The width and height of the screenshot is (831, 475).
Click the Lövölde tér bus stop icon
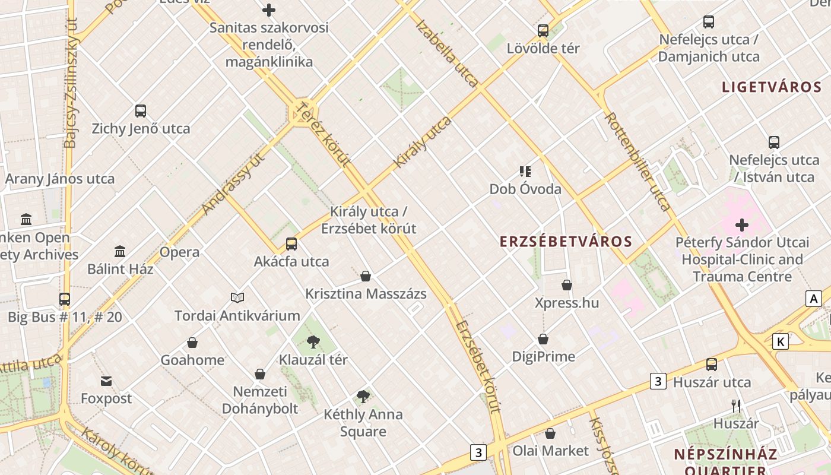click(x=543, y=30)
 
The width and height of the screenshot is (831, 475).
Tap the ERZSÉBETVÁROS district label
click(x=566, y=242)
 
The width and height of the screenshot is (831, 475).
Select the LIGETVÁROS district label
click(x=772, y=87)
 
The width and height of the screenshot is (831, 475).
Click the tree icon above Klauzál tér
click(x=313, y=341)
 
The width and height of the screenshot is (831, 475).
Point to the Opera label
click(x=179, y=252)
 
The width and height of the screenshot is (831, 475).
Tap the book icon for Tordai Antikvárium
click(x=237, y=297)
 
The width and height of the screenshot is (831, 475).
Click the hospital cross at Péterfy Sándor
click(x=742, y=225)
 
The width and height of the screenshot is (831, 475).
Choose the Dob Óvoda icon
click(x=525, y=172)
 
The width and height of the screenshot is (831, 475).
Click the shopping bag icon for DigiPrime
click(x=543, y=339)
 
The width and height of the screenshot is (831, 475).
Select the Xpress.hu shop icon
click(x=567, y=285)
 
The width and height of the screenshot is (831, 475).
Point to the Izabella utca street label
click(x=446, y=53)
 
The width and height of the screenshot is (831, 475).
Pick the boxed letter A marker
click(x=813, y=298)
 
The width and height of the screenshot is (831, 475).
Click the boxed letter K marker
click(x=781, y=341)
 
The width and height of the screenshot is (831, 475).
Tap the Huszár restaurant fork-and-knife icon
click(x=736, y=406)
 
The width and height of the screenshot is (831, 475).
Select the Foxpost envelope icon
click(x=106, y=381)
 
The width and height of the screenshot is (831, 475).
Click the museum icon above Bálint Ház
click(x=120, y=251)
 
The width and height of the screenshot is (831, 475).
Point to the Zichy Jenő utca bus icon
click(x=141, y=110)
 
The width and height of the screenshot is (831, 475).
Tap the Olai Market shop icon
click(x=550, y=433)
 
